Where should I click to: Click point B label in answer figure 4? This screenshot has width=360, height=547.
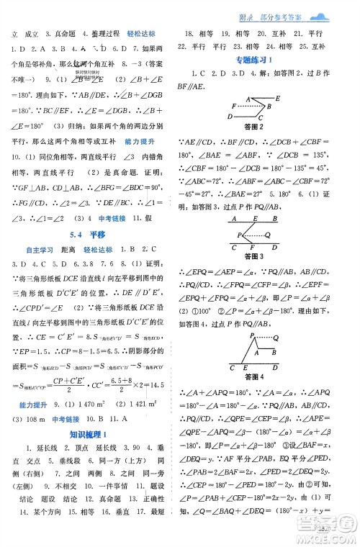[x=274, y=352]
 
